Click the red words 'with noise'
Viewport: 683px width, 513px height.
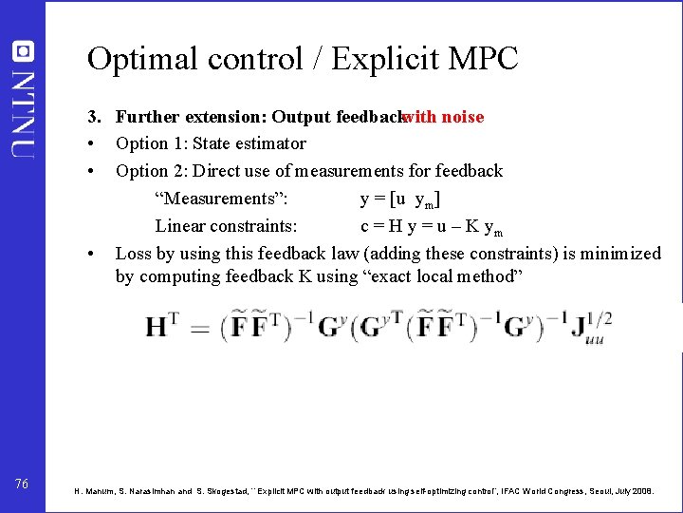coord(442,117)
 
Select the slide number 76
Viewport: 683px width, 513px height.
coord(22,484)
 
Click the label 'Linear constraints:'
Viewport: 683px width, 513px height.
coord(226,226)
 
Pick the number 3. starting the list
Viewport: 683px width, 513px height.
coord(94,117)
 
